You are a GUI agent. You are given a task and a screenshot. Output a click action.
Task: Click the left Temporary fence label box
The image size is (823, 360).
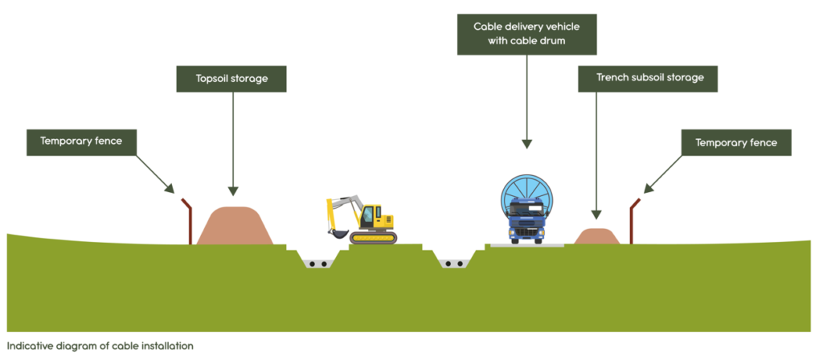coord(81,142)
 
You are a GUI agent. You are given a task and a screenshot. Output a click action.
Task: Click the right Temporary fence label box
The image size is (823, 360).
coord(736,143)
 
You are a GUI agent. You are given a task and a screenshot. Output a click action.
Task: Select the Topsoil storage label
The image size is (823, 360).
coord(232,79)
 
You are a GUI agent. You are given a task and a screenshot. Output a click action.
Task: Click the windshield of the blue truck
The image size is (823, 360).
coord(526,212)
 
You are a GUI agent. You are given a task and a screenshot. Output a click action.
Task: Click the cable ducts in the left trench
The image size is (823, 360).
coord(318,264)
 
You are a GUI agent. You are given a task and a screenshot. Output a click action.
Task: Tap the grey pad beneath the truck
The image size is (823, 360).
coord(526,244)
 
